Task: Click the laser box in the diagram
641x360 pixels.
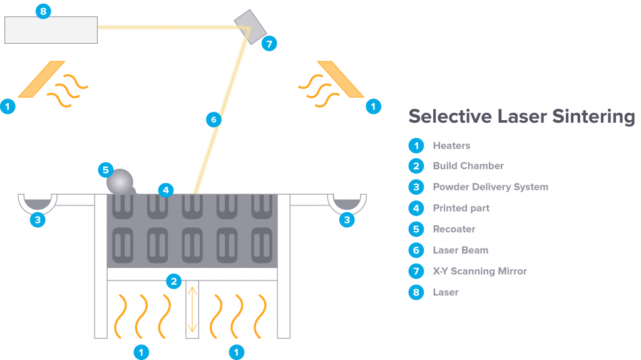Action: pyautogui.click(x=51, y=30)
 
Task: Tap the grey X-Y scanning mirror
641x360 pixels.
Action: pyautogui.click(x=250, y=27)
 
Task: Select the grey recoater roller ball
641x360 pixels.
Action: pyautogui.click(x=120, y=182)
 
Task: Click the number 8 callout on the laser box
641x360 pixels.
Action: pyautogui.click(x=43, y=11)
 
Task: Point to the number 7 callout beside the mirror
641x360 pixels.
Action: pyautogui.click(x=269, y=43)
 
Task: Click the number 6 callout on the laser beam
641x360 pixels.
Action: pyautogui.click(x=213, y=120)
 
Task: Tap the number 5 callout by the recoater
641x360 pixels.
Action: pyautogui.click(x=105, y=170)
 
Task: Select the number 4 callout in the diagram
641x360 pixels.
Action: pyautogui.click(x=165, y=190)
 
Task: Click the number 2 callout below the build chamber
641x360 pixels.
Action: pyautogui.click(x=174, y=281)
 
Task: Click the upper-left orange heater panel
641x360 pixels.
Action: pyautogui.click(x=41, y=80)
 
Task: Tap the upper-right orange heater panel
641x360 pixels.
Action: pyautogui.click(x=341, y=80)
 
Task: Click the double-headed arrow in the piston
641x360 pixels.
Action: pyautogui.click(x=192, y=309)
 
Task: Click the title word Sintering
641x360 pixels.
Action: pyautogui.click(x=593, y=116)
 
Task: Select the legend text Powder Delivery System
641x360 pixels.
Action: pyautogui.click(x=491, y=187)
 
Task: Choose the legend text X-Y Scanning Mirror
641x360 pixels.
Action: pyautogui.click(x=480, y=271)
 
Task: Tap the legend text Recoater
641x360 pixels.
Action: pyautogui.click(x=454, y=229)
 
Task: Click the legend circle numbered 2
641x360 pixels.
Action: pyautogui.click(x=416, y=166)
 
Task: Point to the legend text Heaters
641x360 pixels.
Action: pyautogui.click(x=452, y=146)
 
